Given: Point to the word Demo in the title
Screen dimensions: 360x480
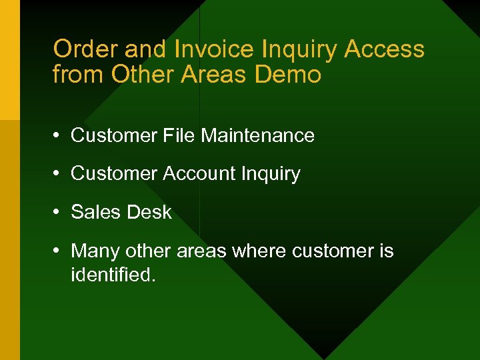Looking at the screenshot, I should click(288, 75).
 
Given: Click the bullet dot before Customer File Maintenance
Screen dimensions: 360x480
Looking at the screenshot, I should click(59, 136).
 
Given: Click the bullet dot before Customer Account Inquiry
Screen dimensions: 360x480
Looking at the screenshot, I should click(59, 174).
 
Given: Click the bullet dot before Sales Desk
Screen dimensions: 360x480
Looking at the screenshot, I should click(59, 213).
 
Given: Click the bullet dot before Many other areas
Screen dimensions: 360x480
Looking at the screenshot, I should click(59, 251).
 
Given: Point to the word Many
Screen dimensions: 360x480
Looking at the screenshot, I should click(93, 251).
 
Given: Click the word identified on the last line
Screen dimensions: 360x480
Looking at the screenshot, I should click(113, 274).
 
